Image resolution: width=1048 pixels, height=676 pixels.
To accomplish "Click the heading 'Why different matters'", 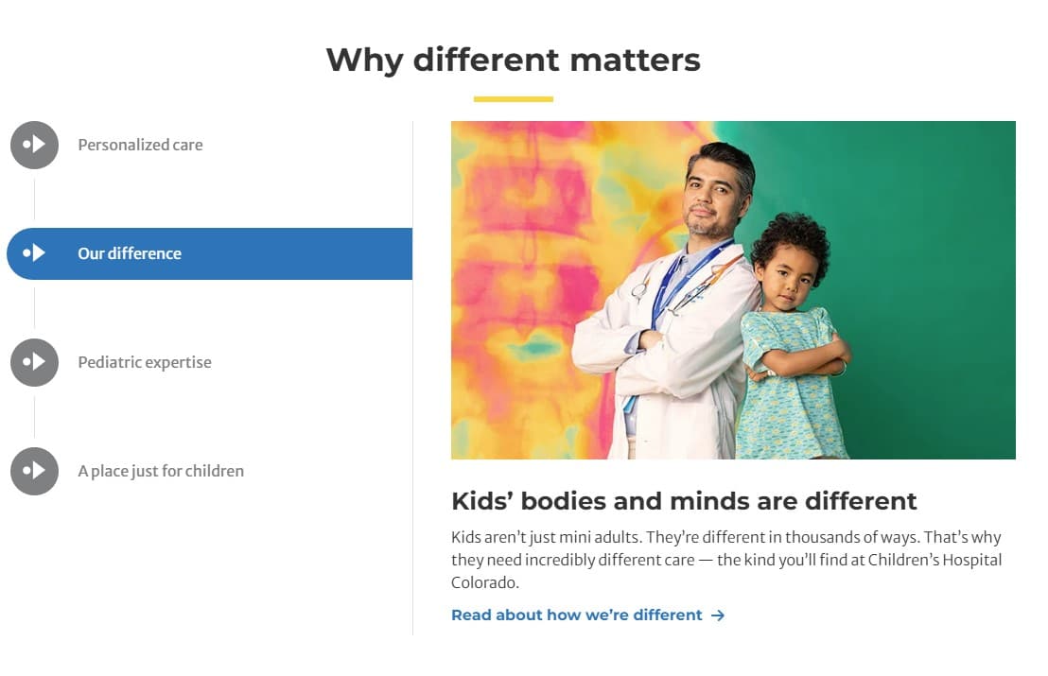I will coord(513,60).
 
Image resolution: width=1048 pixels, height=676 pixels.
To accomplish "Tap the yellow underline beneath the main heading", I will coord(513,98).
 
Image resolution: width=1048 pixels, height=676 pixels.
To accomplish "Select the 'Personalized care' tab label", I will coord(140,145).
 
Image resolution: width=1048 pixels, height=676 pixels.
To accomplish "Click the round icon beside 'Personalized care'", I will coord(34,145).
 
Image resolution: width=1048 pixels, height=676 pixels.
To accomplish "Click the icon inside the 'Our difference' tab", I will coord(34,253).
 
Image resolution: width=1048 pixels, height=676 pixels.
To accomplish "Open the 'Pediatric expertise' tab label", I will coord(145,362).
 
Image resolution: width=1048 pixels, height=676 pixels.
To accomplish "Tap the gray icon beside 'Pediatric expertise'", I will coord(34,362).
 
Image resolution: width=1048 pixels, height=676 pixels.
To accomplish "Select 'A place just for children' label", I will coord(161,471).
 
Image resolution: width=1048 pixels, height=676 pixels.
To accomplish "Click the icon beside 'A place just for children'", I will coord(34,471).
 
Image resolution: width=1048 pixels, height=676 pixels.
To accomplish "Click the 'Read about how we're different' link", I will coord(576,615).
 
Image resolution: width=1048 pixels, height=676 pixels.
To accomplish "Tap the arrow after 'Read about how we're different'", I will coord(718,615).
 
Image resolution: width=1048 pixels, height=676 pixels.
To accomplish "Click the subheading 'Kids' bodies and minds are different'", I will coord(684,500).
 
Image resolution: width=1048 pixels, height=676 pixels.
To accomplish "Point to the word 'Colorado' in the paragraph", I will coord(484,582).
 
